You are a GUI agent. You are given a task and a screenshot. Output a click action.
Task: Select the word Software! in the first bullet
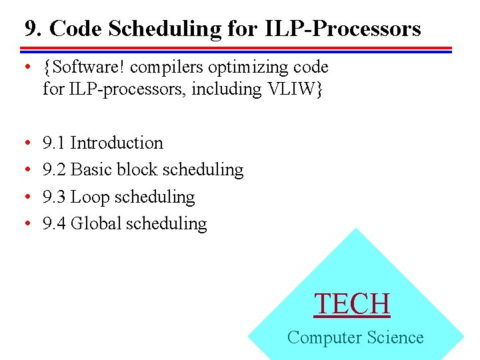[x=78, y=67]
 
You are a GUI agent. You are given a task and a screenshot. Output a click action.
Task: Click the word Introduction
[x=117, y=143]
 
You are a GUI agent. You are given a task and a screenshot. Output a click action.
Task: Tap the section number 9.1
[x=53, y=143]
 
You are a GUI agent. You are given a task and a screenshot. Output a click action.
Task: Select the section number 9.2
[x=53, y=170]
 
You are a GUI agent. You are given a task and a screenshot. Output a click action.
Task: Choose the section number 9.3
[x=53, y=197]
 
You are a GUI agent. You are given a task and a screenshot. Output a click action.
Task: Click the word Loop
[x=90, y=197]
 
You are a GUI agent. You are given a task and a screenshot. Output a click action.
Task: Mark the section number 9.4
[x=53, y=223]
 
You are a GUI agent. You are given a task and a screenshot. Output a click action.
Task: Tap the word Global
[x=95, y=223]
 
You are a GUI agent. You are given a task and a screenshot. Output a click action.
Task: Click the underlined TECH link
[x=352, y=304]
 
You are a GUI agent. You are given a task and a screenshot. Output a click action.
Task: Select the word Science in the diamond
[x=393, y=337]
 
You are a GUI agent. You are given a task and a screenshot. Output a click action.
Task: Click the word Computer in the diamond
[x=323, y=337]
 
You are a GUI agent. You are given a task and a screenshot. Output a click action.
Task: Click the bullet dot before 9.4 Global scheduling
[x=25, y=224]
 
